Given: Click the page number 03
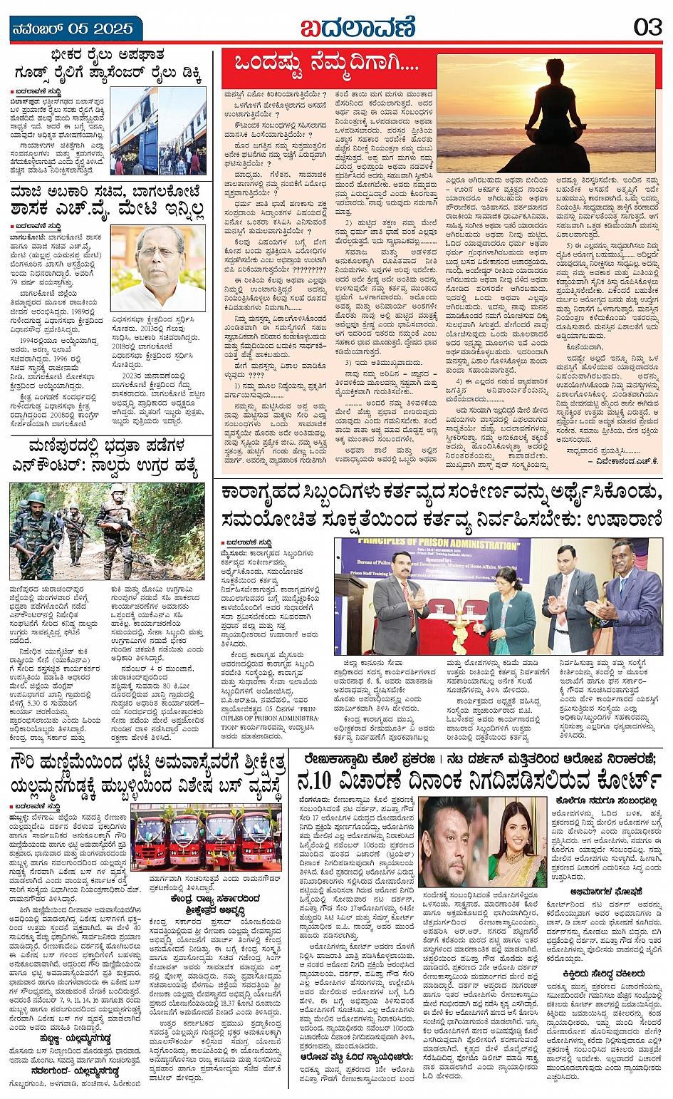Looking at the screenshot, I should click(647, 29).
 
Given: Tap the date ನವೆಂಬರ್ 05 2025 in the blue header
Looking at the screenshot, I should click(73, 29).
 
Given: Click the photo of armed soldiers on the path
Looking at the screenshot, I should click(107, 530).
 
